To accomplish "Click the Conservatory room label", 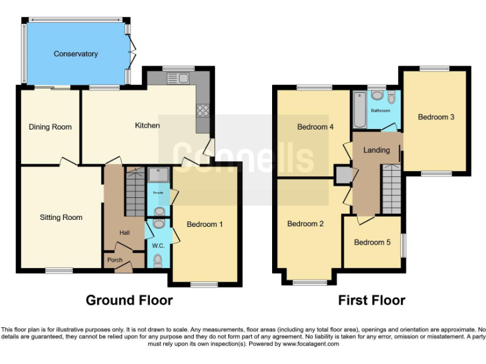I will click(75, 54).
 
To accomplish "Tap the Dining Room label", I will click(50, 127).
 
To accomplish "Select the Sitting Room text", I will click(61, 217).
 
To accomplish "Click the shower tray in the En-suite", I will click(156, 174).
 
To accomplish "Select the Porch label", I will click(115, 260).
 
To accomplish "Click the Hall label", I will click(125, 233).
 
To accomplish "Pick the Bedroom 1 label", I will click(204, 224).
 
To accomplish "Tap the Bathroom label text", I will click(380, 111).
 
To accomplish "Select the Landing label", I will click(375, 150).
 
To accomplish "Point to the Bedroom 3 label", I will click(435, 117).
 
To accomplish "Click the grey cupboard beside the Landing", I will click(344, 174).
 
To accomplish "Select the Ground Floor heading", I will click(129, 300).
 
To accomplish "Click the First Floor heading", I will click(371, 300).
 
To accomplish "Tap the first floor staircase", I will click(390, 188).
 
